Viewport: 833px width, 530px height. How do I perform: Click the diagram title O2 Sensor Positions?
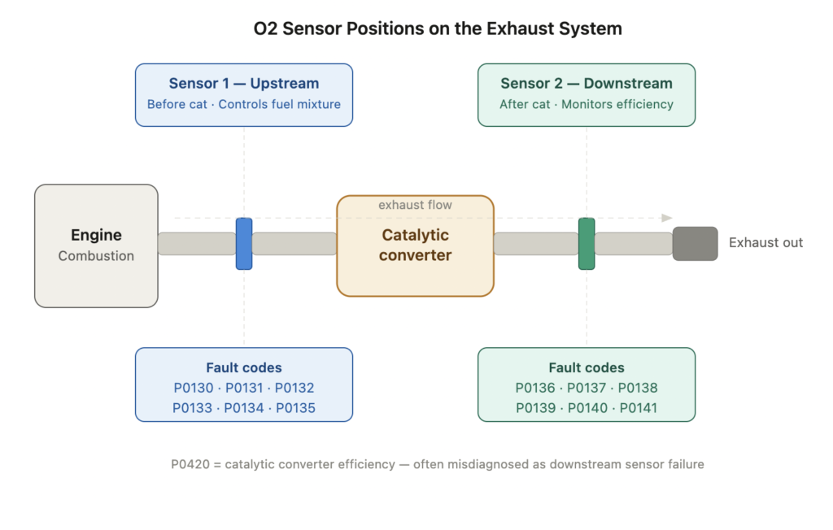438,29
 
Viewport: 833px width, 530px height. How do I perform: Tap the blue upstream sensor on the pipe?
244,244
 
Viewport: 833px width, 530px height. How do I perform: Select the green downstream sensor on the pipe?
587,244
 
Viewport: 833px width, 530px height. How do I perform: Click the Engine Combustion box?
96,245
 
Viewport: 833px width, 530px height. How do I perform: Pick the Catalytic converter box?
415,245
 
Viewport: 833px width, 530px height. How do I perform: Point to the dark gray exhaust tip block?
695,244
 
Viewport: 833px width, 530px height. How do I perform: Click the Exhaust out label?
765,242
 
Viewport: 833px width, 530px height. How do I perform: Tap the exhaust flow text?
415,205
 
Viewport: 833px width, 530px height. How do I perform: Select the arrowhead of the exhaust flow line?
667,218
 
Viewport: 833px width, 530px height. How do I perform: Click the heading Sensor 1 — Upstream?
244,84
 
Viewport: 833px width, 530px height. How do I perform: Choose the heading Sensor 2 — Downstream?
587,84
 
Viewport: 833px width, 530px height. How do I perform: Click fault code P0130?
193,388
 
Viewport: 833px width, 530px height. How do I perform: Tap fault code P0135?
295,408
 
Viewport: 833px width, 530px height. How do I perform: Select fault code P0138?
638,388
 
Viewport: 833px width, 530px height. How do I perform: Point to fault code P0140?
587,408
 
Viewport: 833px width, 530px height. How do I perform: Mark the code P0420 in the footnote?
191,464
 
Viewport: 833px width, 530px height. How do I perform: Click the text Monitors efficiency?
617,104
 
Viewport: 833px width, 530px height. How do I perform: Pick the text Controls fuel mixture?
280,104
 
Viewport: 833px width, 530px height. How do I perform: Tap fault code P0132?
294,388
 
